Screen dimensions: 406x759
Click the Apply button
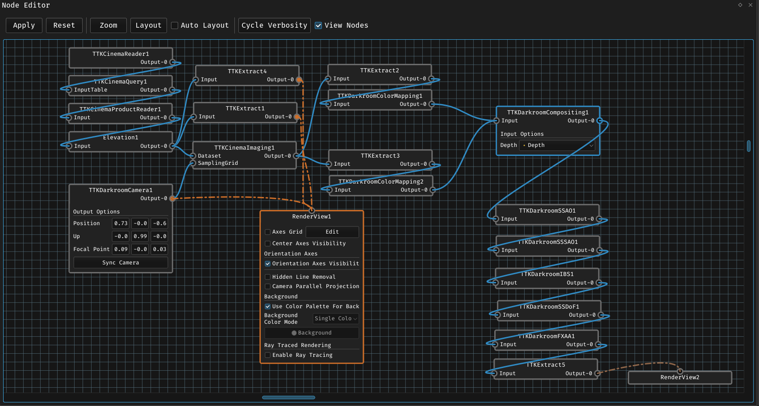24,25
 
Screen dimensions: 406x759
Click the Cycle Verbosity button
274,25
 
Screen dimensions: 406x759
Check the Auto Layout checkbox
175,25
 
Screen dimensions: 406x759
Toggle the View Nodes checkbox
318,25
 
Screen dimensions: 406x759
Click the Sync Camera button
121,263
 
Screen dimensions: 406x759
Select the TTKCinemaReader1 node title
121,54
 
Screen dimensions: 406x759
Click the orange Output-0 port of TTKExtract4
299,80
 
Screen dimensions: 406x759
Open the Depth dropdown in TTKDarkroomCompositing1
558,145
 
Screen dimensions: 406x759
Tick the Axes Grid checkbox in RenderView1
268,232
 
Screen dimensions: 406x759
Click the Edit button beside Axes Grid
332,232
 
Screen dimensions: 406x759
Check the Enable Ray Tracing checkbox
268,355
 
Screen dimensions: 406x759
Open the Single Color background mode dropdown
336,318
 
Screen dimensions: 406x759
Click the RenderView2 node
680,377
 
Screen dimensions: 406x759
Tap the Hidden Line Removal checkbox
268,277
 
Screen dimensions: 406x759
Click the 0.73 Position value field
121,223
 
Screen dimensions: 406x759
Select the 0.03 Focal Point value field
159,249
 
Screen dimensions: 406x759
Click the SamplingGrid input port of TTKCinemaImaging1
193,163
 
